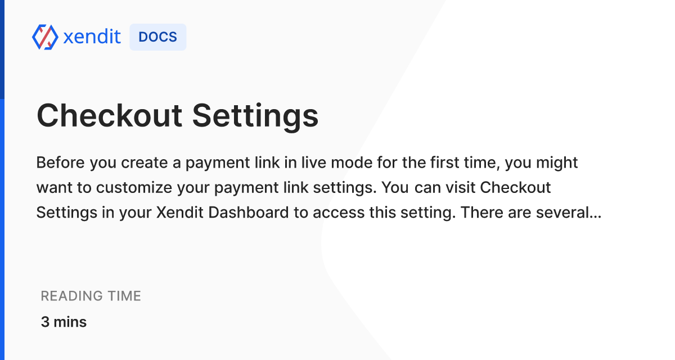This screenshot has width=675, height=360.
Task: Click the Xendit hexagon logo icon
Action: tap(45, 37)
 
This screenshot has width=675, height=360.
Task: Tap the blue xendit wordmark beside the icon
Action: tap(92, 37)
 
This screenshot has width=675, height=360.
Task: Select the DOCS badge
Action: tap(158, 37)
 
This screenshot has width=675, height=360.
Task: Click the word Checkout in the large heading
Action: tap(109, 116)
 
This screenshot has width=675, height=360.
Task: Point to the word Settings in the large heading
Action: tap(255, 117)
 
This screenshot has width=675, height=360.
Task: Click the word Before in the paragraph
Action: tap(61, 163)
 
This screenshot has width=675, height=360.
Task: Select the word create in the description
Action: tap(145, 163)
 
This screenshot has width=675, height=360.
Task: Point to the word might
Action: tap(557, 163)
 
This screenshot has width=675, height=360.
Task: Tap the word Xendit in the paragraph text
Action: tap(180, 213)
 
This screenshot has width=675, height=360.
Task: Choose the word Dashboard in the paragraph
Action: tap(249, 213)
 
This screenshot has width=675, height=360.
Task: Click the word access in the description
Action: tap(339, 213)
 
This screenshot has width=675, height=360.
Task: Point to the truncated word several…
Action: tap(569, 213)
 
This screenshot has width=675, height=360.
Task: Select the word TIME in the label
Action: tap(124, 296)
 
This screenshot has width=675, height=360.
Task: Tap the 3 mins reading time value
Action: tap(64, 322)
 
